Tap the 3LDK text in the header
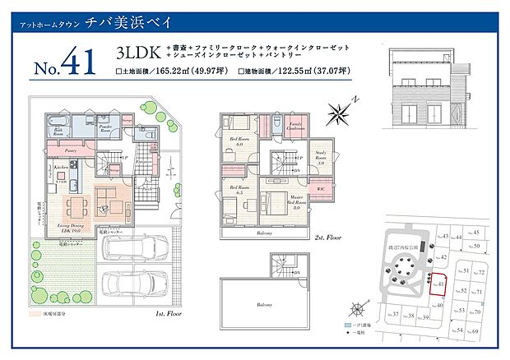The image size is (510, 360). tap(135, 53)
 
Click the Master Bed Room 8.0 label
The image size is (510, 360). tap(297, 200)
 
